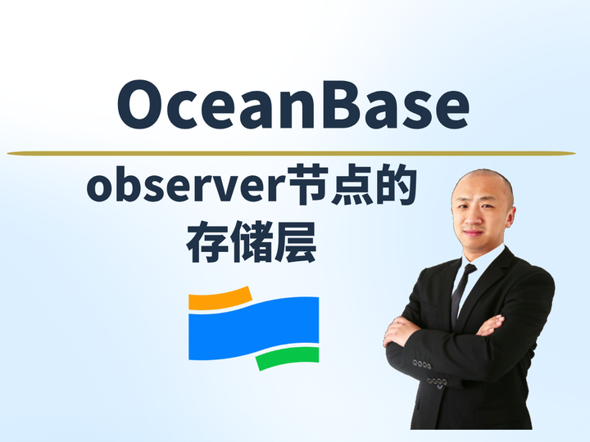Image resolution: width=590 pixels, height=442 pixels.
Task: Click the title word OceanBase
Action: pyautogui.click(x=293, y=106)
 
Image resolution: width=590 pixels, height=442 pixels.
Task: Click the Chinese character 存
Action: pyautogui.click(x=206, y=243)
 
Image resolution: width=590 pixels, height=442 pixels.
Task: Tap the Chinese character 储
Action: pyautogui.click(x=251, y=243)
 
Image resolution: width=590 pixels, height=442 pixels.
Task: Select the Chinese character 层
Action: pyautogui.click(x=295, y=243)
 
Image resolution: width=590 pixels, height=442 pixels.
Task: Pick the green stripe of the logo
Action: pyautogui.click(x=287, y=358)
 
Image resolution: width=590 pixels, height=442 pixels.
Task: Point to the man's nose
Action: pyautogui.click(x=473, y=214)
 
